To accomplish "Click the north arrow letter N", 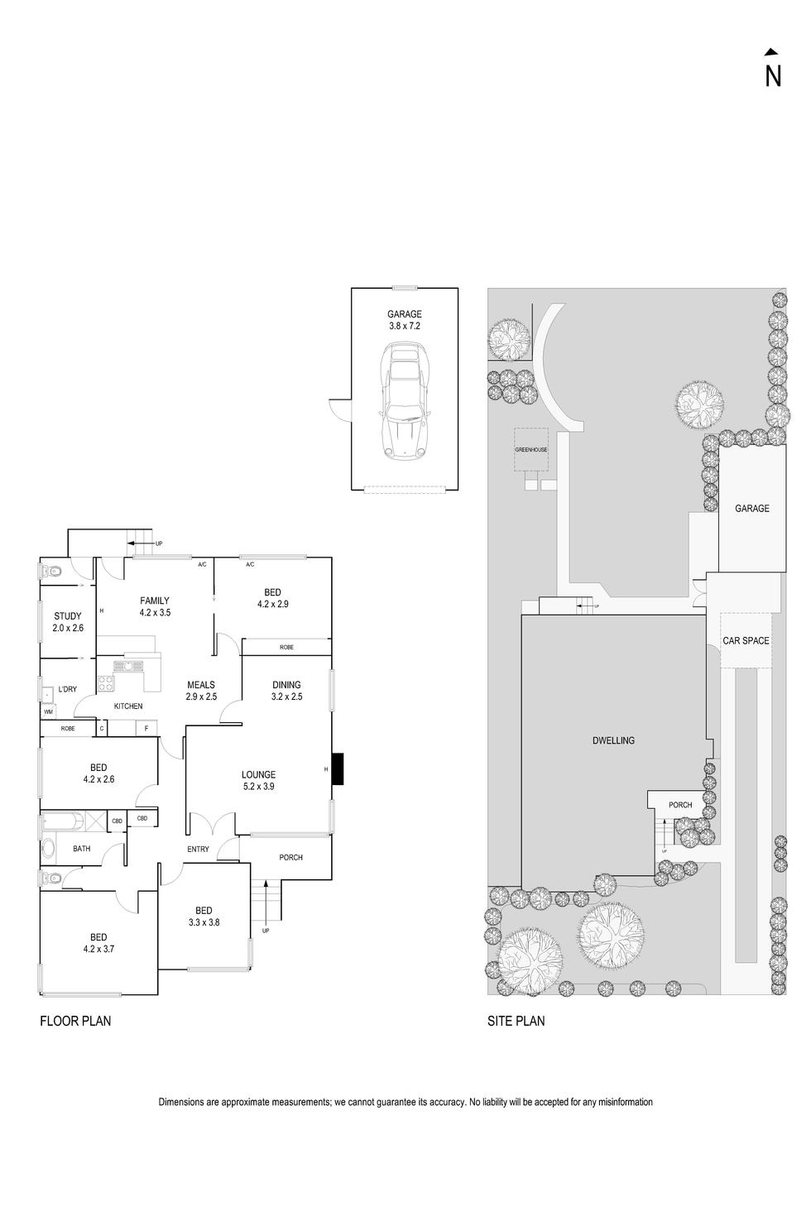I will click(x=773, y=75).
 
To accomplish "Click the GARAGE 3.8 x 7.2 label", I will click(x=405, y=320).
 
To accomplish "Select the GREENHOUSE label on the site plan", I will click(x=530, y=450).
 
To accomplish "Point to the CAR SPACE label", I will click(x=746, y=640).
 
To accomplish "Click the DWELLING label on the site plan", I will click(x=614, y=740).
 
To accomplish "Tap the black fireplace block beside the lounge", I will click(x=338, y=769).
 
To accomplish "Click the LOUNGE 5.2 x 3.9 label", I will click(x=258, y=781).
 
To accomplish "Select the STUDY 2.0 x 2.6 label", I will click(x=68, y=621).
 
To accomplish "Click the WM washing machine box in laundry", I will click(x=48, y=711).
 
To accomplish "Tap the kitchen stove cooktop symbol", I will click(x=107, y=683).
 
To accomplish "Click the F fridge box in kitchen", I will click(x=146, y=729).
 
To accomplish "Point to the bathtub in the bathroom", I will click(x=62, y=822).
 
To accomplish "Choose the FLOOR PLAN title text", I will click(x=75, y=1021).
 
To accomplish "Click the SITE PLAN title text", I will click(x=516, y=1021).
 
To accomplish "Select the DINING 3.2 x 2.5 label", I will click(x=286, y=691).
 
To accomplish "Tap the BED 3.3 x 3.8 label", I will click(x=204, y=916).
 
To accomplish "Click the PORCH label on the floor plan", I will click(x=290, y=857).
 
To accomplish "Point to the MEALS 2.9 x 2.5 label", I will click(x=201, y=691).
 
